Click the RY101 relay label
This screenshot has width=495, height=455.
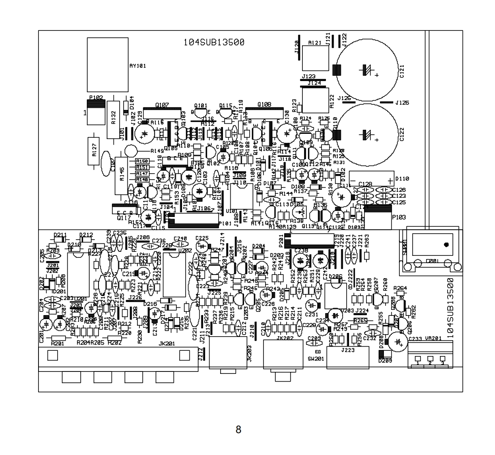coord(138,66)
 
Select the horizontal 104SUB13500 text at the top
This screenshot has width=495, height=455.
coord(214,42)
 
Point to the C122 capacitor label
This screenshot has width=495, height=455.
coord(402,134)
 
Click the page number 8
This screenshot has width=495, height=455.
coord(238,429)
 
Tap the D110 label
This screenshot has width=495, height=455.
coord(402,178)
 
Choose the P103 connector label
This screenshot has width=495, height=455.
coord(399,217)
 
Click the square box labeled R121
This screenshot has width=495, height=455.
coord(315,58)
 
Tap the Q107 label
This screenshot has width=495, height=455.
coord(162,105)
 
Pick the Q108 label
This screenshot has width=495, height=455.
coord(264,105)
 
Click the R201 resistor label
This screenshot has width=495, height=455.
coord(58,343)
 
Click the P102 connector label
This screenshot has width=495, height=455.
coord(96,98)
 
